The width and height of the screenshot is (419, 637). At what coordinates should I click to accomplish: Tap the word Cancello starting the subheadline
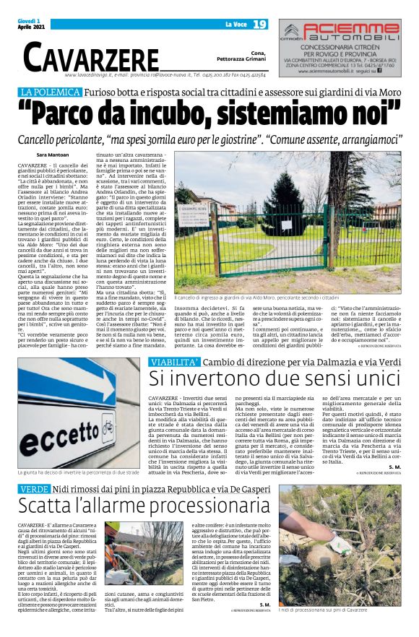tap(47, 137)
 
